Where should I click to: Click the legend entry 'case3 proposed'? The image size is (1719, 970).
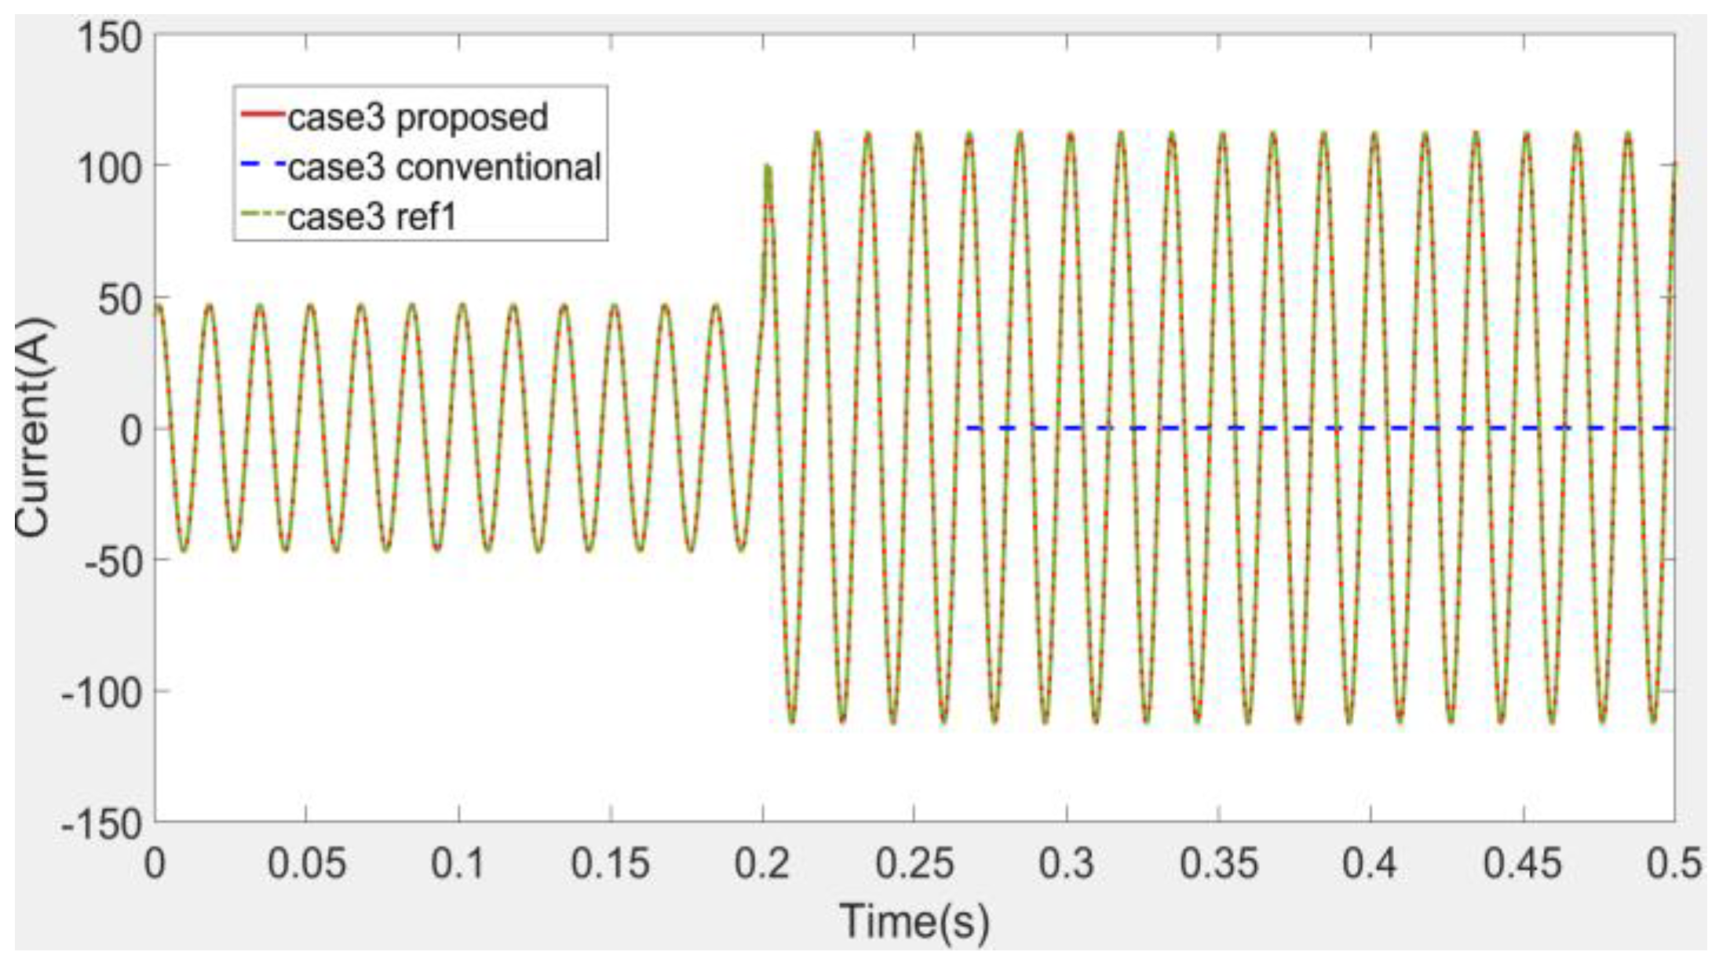coord(418,118)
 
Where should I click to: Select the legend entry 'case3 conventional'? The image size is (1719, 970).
coord(444,167)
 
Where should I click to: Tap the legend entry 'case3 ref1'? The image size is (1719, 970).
coord(372,217)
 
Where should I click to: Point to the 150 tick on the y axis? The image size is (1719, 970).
coord(109,38)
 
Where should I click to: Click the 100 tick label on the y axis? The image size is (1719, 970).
coord(109,168)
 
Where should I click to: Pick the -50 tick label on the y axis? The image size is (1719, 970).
coord(102,561)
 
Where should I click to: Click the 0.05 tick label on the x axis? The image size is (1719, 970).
coord(307,864)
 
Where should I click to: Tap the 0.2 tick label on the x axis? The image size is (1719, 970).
coord(762,864)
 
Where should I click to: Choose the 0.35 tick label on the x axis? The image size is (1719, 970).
coord(1218,864)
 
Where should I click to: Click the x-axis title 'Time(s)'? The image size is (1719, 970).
coord(914,920)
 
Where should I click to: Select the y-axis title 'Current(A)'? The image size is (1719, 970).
coord(33,428)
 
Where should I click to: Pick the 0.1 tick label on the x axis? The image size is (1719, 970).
coord(459,864)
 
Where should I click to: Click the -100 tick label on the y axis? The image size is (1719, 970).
coord(102,692)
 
